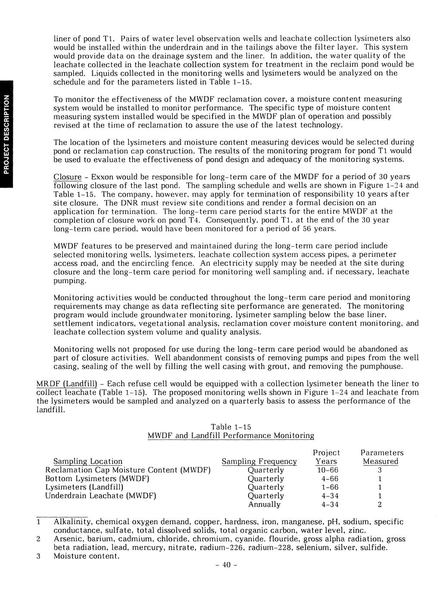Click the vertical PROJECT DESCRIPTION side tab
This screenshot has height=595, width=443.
(x=6, y=134)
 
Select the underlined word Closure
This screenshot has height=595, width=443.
(x=67, y=177)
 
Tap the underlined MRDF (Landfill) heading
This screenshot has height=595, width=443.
(x=69, y=384)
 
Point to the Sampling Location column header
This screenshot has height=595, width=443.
(x=87, y=461)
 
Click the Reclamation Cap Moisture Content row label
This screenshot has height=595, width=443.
(x=128, y=470)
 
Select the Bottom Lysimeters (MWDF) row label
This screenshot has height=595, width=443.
(x=97, y=479)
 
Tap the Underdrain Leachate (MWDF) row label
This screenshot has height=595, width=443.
(x=100, y=496)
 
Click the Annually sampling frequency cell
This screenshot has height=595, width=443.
(x=264, y=504)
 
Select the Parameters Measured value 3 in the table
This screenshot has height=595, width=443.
(x=380, y=470)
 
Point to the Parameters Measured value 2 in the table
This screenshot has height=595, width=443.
(x=380, y=504)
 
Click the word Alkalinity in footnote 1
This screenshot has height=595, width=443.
(x=70, y=522)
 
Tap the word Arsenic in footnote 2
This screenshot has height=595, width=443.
(x=68, y=539)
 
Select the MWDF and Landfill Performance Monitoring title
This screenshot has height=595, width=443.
(x=231, y=435)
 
